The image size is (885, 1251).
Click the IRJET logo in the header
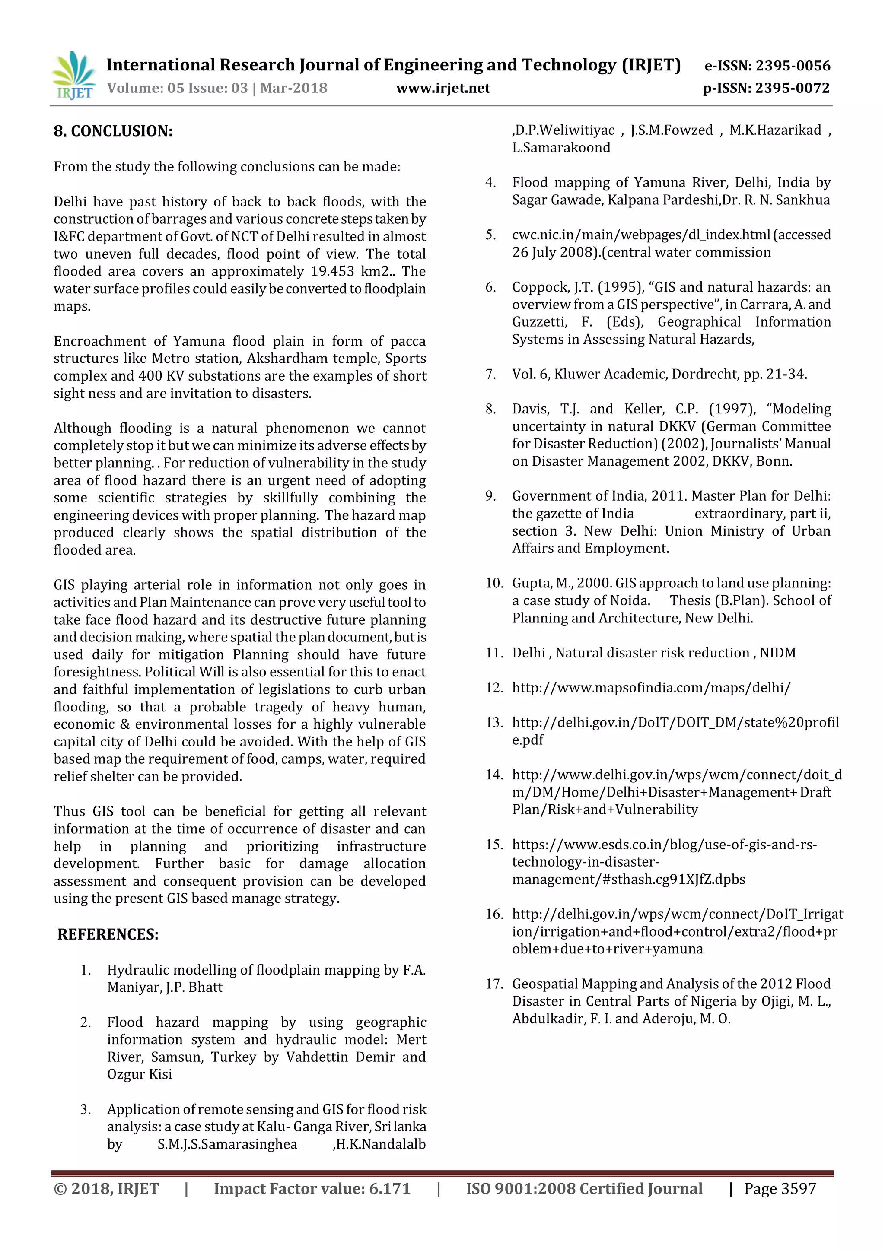73,75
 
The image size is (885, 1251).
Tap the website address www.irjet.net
443,88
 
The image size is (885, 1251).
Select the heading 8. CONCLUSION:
113,131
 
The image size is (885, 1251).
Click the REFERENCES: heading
108,934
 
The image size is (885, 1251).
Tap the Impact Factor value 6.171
390,1189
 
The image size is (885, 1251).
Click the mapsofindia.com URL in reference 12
651,688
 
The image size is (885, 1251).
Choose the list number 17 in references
494,984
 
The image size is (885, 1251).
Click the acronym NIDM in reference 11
778,653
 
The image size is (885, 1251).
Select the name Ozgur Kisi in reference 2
140,1074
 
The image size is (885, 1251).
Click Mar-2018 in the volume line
294,88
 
